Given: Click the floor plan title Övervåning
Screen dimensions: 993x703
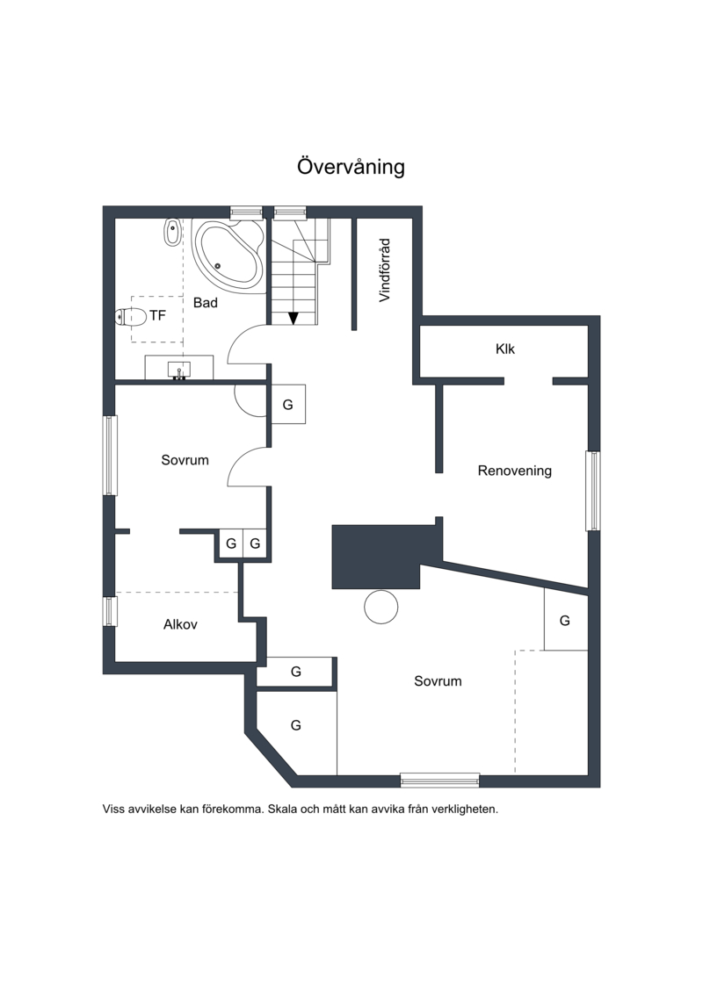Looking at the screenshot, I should (x=351, y=167).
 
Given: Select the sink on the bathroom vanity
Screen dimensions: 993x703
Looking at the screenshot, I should (x=179, y=371).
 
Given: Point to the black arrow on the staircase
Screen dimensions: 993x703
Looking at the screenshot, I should (x=294, y=317).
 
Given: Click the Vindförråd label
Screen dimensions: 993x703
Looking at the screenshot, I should (x=384, y=270).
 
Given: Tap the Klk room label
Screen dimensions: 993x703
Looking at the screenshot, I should (x=505, y=349).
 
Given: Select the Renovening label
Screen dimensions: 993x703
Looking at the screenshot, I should (x=514, y=471).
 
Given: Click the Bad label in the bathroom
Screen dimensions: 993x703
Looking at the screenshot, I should (x=206, y=302).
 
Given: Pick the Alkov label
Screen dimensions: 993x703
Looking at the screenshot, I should (x=180, y=625).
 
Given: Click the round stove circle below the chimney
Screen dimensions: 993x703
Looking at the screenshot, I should (x=381, y=607).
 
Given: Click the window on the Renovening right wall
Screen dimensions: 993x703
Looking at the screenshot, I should (x=593, y=491).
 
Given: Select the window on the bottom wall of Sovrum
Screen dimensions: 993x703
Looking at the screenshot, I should (x=439, y=779).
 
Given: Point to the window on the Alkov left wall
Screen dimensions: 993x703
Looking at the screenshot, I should (x=110, y=611).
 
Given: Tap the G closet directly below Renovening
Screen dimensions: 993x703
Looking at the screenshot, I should (x=565, y=620).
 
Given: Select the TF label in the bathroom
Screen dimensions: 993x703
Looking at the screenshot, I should (x=157, y=314).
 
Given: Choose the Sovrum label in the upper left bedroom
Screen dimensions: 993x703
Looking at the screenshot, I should (x=185, y=460).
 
